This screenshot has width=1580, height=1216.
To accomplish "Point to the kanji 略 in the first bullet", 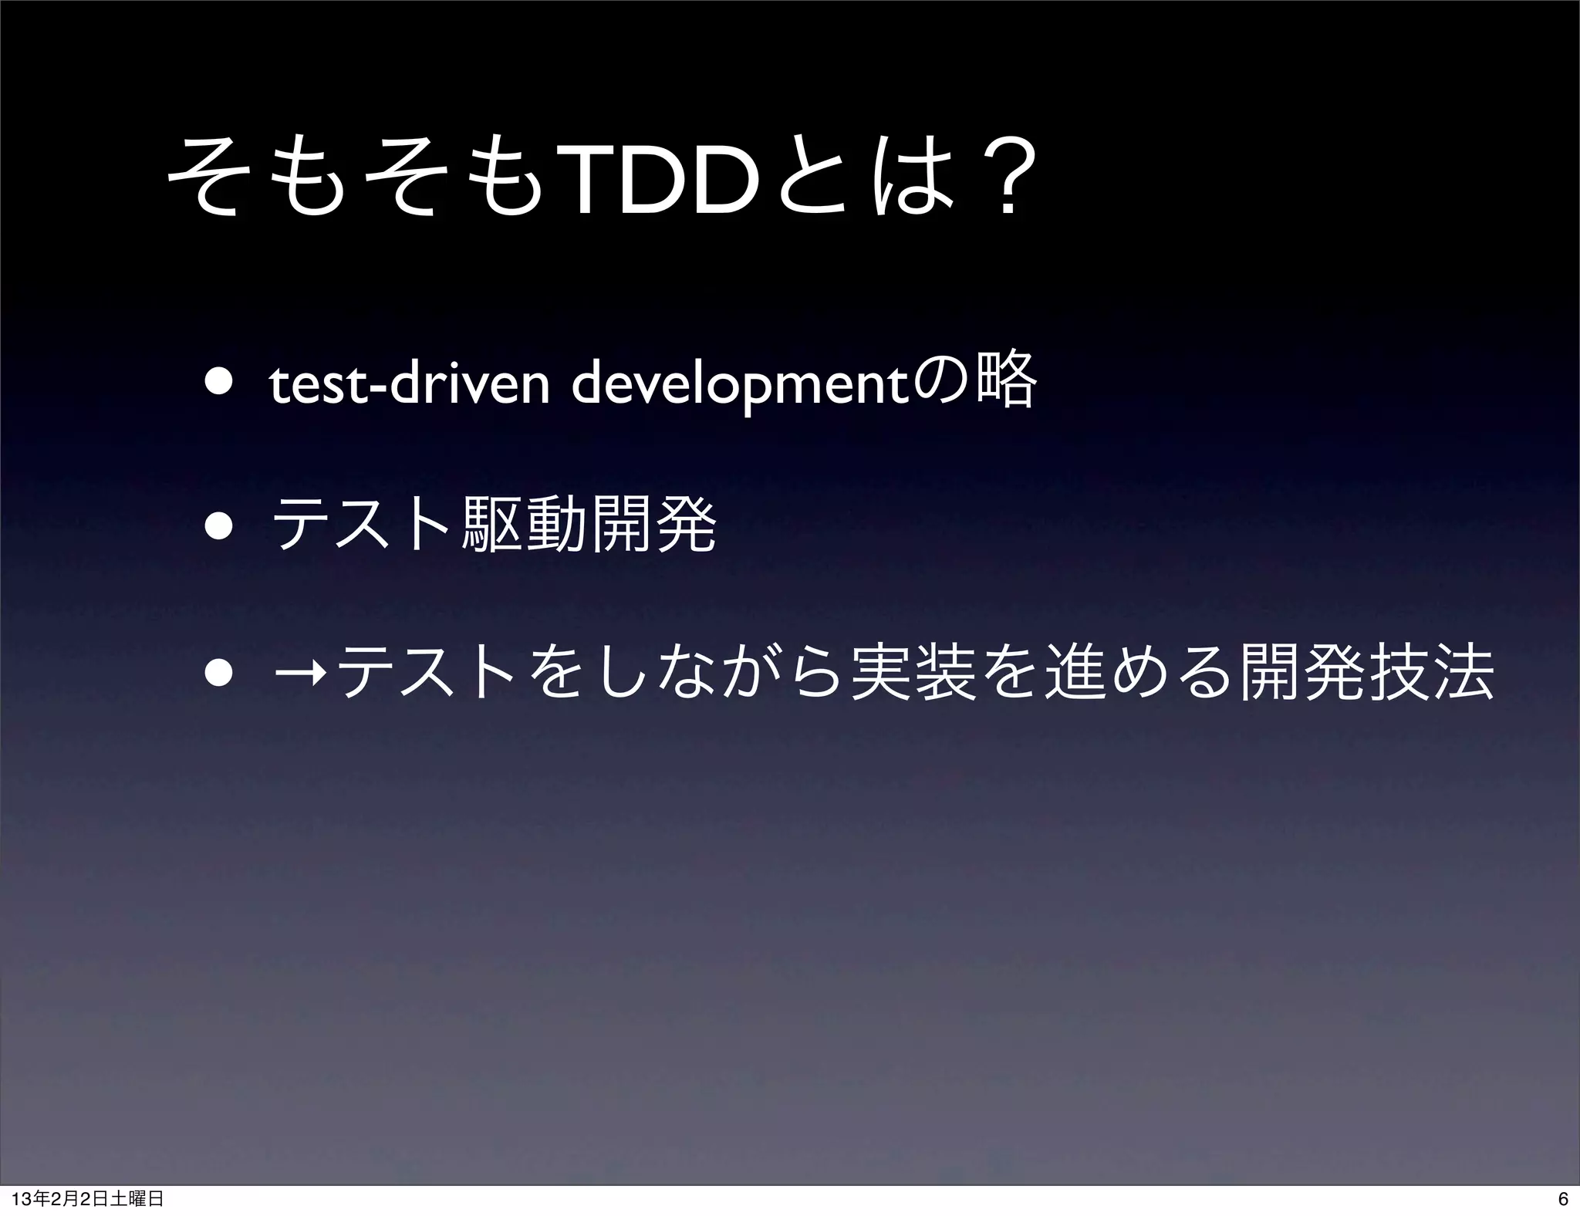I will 1006,381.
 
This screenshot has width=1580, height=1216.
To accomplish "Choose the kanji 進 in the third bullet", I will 1070,668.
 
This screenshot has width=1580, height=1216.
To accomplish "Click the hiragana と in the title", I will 810,181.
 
